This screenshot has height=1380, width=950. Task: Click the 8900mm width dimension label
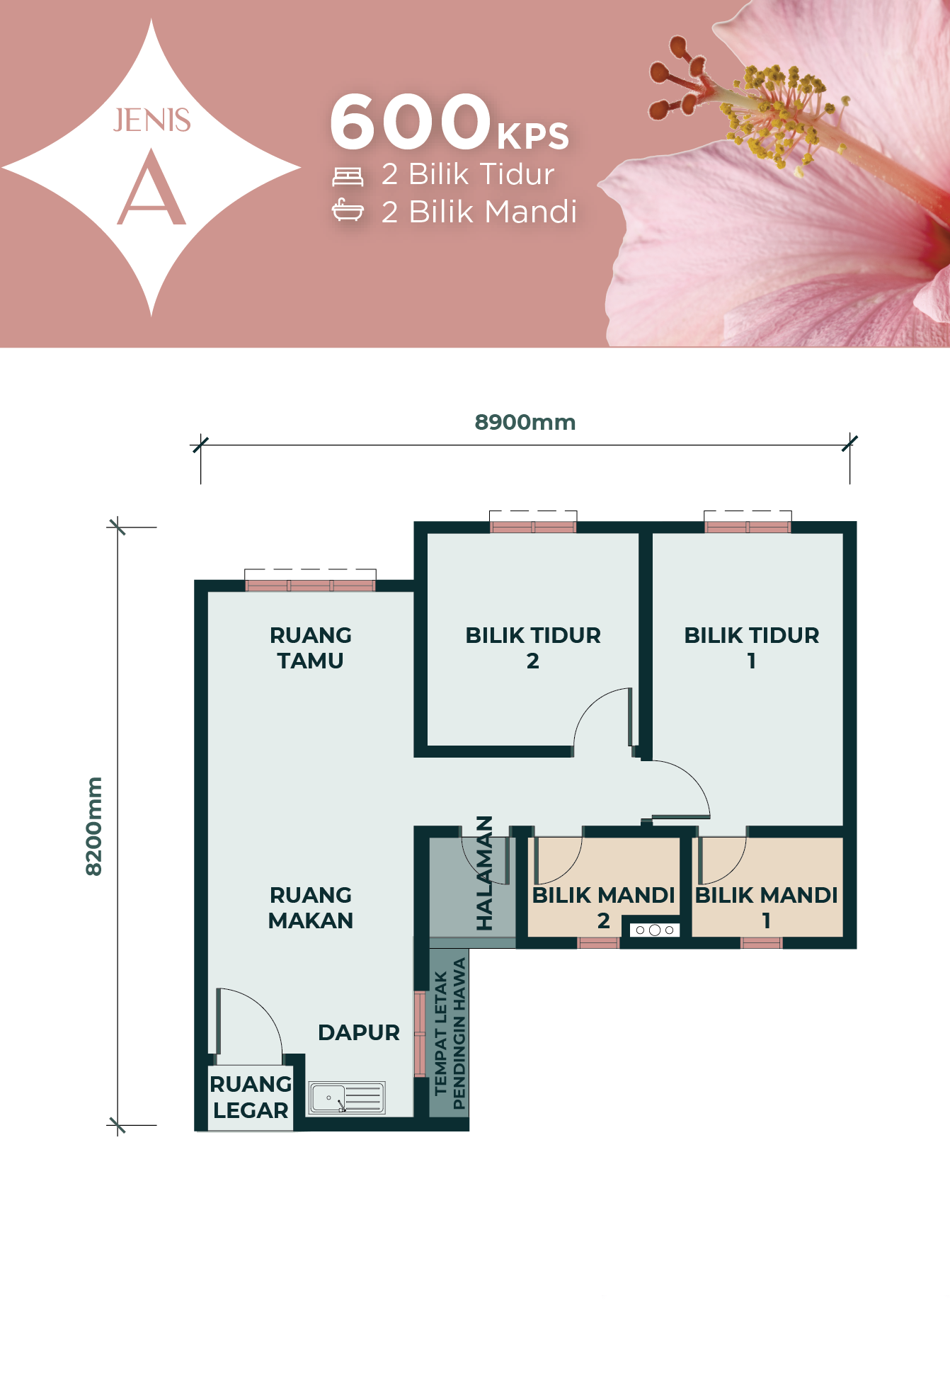tap(525, 422)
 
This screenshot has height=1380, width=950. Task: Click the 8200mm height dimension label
tap(94, 826)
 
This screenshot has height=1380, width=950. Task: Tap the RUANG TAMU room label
tap(311, 648)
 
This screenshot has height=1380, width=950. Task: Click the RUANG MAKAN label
tap(311, 908)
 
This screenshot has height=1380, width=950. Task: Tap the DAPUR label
tap(359, 1032)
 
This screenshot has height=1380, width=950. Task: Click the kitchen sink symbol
tap(347, 1097)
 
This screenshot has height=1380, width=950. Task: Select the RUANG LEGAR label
tap(251, 1097)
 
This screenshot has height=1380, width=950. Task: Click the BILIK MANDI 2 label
tap(603, 908)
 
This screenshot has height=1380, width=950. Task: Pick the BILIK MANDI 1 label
tap(767, 908)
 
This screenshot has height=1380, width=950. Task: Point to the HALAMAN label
tap(484, 873)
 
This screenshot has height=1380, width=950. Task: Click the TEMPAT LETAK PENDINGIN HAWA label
tap(450, 1034)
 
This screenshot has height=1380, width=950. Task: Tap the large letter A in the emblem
tap(151, 188)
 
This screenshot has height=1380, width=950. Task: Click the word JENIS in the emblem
tap(151, 120)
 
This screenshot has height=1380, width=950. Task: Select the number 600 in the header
tap(411, 122)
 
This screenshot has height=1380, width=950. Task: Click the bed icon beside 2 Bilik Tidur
tap(348, 176)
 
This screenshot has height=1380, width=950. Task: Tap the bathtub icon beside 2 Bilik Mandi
tap(348, 210)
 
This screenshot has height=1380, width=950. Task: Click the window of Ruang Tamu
tap(310, 586)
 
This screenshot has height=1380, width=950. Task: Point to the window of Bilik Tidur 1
tap(748, 527)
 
